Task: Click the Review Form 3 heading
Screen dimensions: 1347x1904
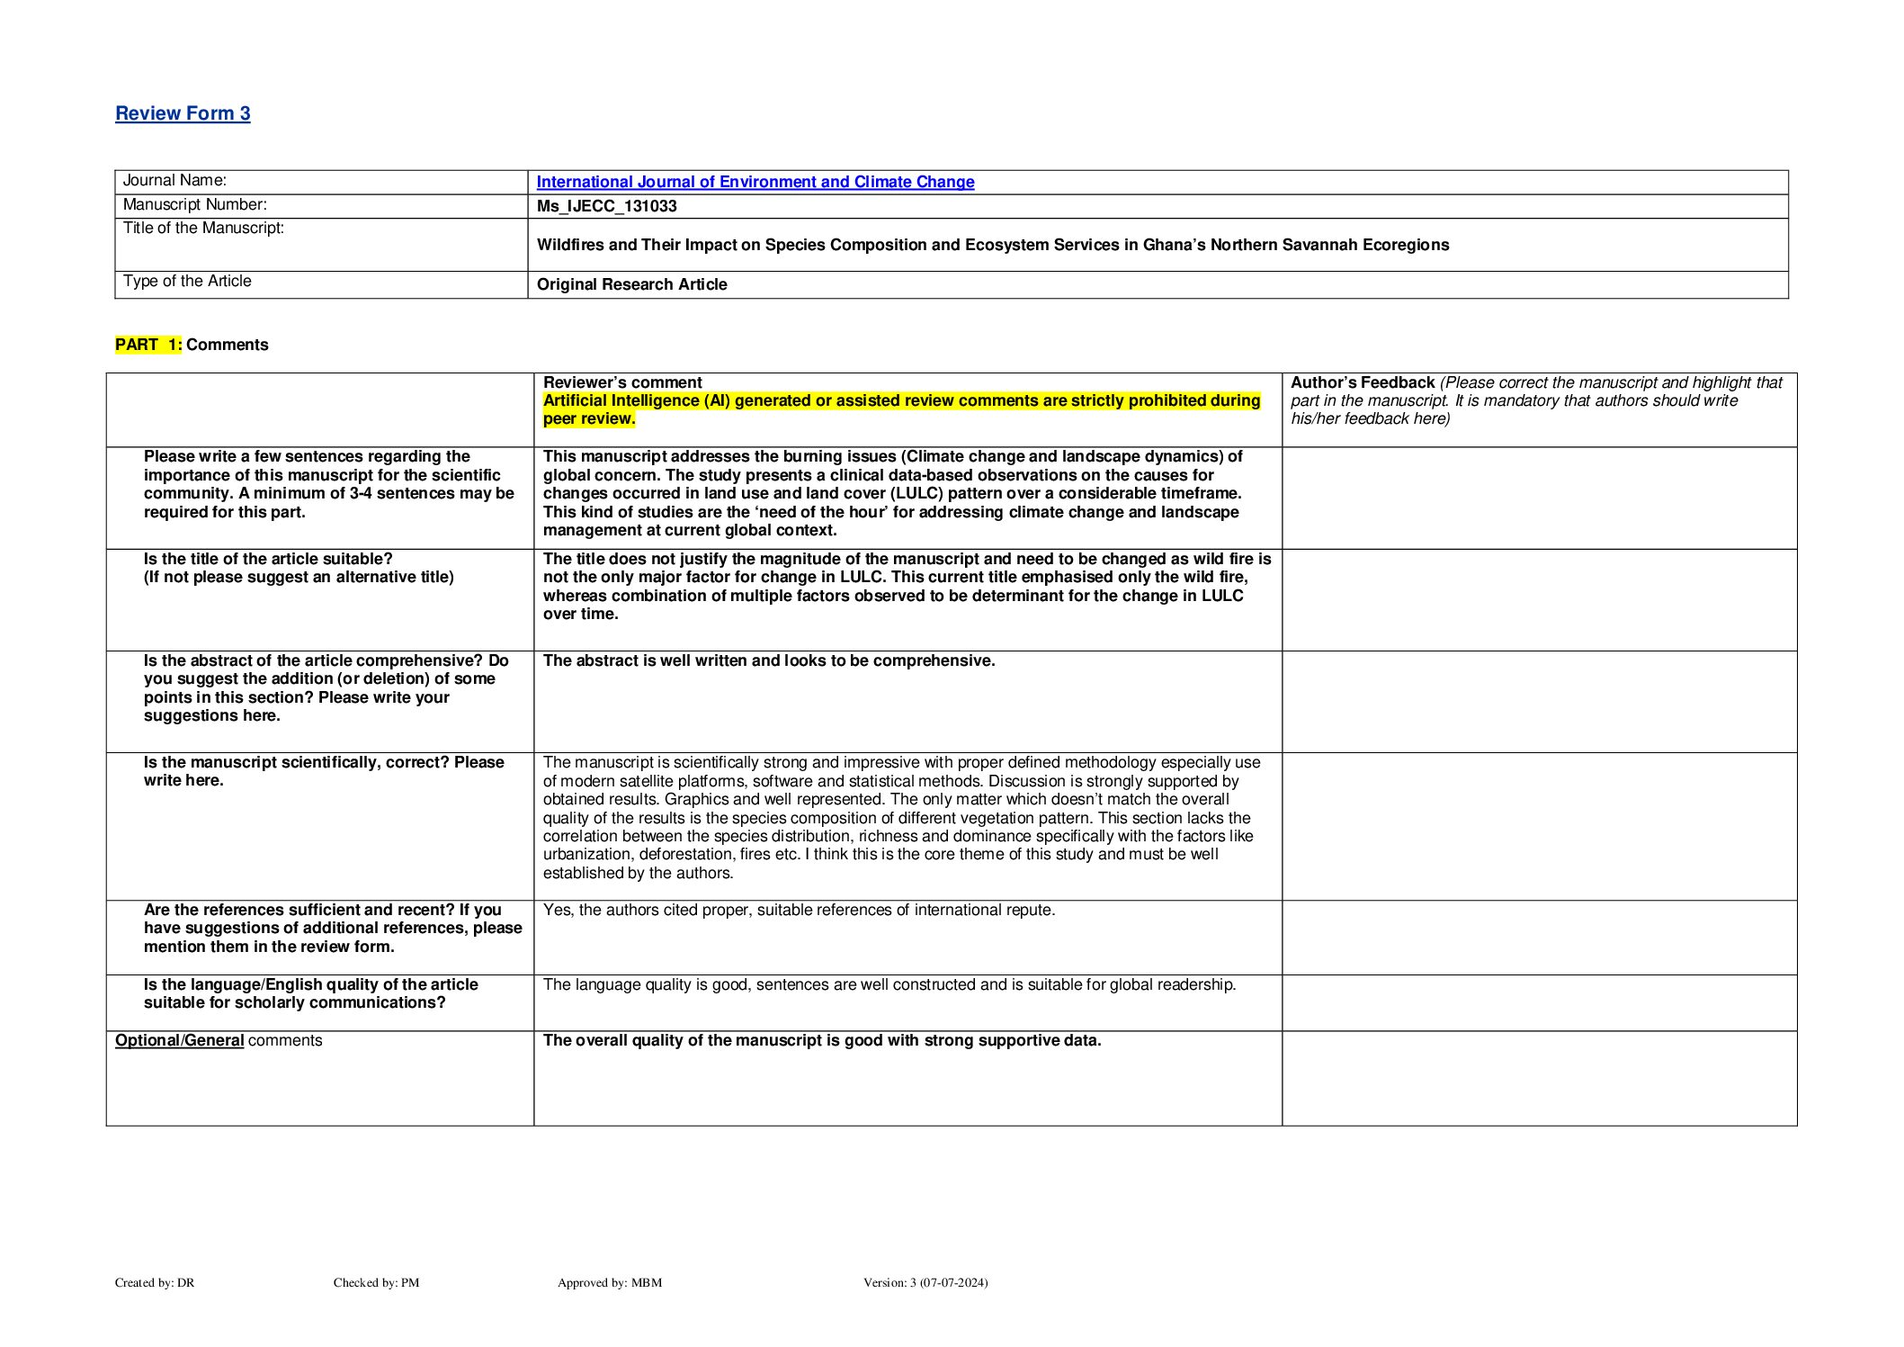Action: coord(183,113)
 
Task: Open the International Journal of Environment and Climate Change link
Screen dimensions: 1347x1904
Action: coord(755,182)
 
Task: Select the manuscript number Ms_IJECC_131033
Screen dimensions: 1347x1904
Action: coord(606,206)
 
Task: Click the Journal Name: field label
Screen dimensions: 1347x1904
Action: coord(174,181)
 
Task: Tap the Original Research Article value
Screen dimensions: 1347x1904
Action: coord(631,284)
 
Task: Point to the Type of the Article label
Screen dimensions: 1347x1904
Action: coord(187,282)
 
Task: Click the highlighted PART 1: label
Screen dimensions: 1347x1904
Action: coord(148,345)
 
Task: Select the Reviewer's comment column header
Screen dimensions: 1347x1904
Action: coord(622,382)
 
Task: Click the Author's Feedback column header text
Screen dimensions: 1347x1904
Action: coord(1362,382)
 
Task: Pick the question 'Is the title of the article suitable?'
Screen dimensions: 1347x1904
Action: coord(268,559)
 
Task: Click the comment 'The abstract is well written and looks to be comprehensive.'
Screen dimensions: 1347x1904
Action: coord(769,660)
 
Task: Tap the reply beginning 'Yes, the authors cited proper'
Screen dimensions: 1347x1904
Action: coord(799,910)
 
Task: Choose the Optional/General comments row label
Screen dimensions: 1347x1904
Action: coord(219,1040)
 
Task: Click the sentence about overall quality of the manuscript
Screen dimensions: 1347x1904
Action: coord(822,1040)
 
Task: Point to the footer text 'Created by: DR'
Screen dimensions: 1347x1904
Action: coord(155,1282)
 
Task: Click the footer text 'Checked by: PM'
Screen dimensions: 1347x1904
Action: coord(376,1282)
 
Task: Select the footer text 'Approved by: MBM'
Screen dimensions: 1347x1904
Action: coord(609,1282)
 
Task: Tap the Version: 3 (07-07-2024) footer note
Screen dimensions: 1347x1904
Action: coord(925,1282)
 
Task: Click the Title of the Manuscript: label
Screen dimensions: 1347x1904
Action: coord(203,229)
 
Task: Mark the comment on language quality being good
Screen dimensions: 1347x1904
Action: coord(889,984)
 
